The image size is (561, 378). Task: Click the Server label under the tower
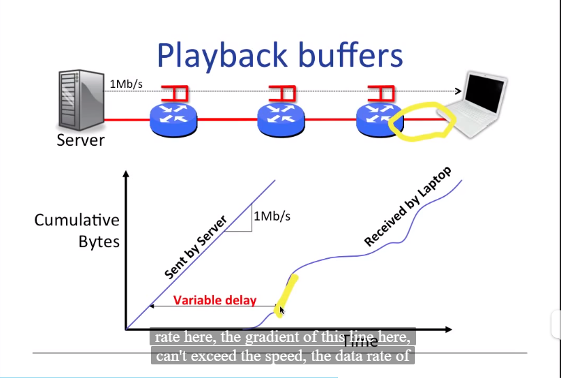[x=80, y=140]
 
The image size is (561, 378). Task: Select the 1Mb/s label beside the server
[x=126, y=84]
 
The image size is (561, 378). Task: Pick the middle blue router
[x=282, y=118]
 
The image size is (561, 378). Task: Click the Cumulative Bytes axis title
[x=77, y=231]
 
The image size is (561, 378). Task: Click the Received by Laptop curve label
[x=407, y=206]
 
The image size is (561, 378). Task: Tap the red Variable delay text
[x=214, y=300]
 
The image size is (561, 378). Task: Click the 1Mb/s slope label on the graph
[x=272, y=217]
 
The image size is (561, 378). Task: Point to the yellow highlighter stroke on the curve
[x=286, y=294]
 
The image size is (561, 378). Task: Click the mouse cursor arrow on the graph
[x=282, y=311]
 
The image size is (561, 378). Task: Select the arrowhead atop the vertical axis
[x=126, y=174]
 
